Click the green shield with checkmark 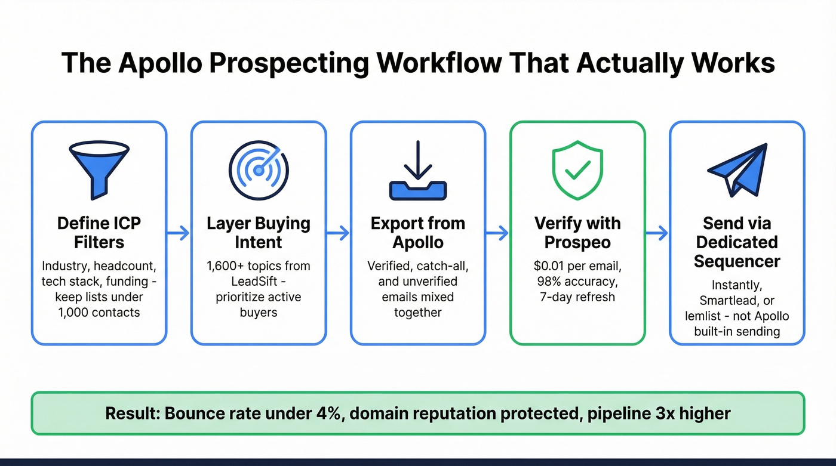coord(577,170)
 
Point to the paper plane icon coord(737,169)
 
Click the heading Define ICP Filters coord(99,233)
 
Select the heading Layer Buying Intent coord(259,233)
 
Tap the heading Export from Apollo coord(418,233)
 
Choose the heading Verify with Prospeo coord(577,233)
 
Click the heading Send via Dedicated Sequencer coord(737,242)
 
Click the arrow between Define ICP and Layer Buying coord(179,233)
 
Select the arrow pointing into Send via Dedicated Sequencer coord(657,233)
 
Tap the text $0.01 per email coord(577,266)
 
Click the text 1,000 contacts coord(99,313)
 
